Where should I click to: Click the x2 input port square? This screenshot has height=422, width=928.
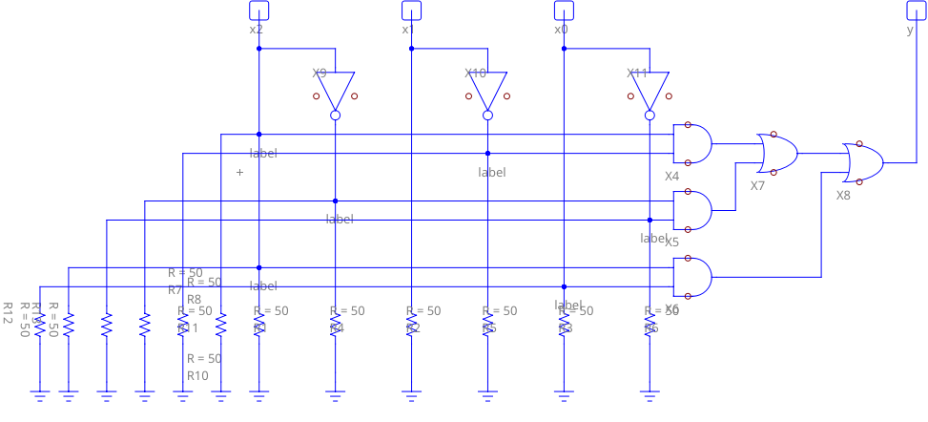click(x=258, y=11)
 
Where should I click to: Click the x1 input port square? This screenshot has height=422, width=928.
click(x=411, y=11)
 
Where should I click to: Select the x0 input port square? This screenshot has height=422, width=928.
click(x=564, y=11)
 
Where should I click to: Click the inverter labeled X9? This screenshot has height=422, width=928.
click(x=335, y=92)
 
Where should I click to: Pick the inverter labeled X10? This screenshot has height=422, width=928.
click(x=487, y=92)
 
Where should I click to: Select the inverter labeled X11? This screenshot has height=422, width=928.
click(x=650, y=92)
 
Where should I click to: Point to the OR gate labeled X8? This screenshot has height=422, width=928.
click(x=863, y=162)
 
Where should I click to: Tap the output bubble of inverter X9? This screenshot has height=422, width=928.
click(x=335, y=116)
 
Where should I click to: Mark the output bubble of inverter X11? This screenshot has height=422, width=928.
click(x=650, y=116)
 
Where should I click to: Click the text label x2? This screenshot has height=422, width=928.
click(x=257, y=30)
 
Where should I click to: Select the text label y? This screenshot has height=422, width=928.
click(x=910, y=30)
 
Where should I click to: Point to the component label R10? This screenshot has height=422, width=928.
click(x=197, y=375)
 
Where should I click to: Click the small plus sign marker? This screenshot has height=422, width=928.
click(x=239, y=172)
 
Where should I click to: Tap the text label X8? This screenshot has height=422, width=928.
click(x=843, y=195)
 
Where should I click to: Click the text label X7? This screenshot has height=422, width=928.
click(x=757, y=185)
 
